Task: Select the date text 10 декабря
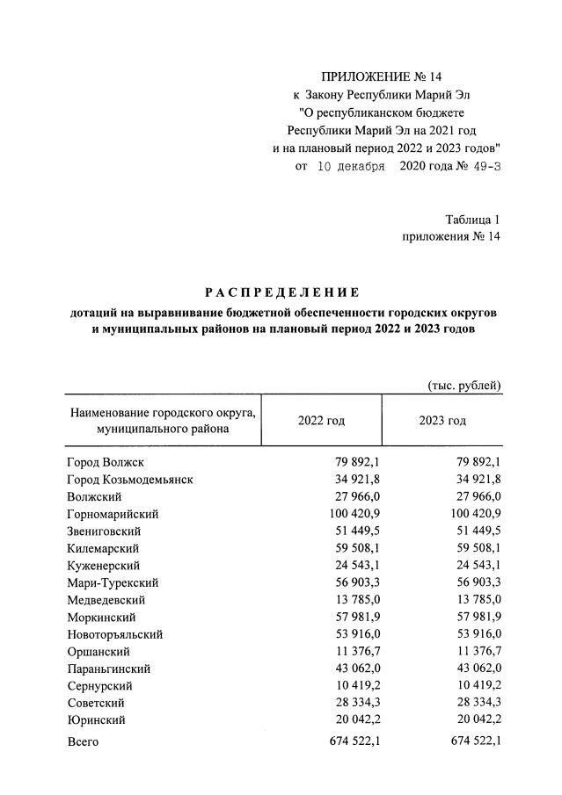click(350, 166)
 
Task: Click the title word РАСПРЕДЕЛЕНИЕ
click(282, 293)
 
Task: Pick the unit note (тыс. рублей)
click(464, 385)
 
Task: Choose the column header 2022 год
click(321, 421)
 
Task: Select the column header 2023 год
click(442, 421)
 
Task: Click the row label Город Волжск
click(105, 463)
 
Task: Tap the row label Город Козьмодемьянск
click(129, 480)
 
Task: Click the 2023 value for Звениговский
click(475, 531)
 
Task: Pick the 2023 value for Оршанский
click(475, 651)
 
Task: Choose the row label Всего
click(84, 742)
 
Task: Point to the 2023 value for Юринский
click(475, 719)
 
